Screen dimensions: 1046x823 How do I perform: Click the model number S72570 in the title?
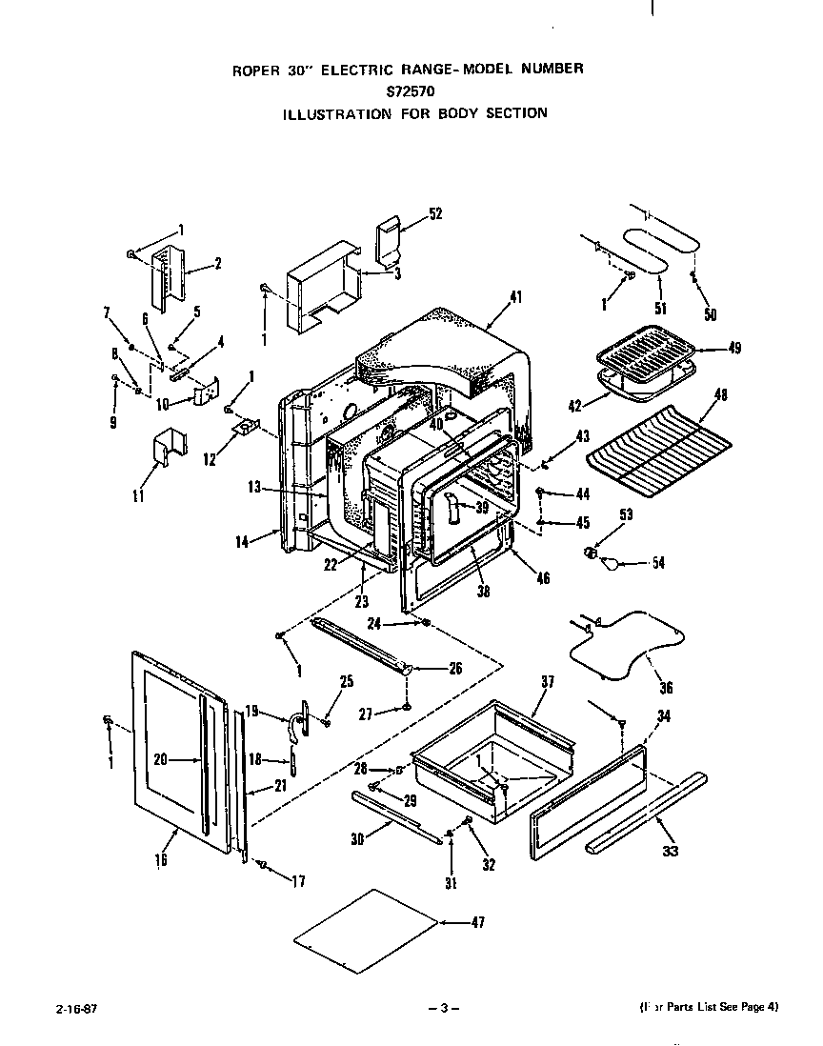(x=411, y=92)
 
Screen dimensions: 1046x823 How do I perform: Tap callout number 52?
(x=435, y=214)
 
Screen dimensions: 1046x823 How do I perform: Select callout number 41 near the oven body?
(x=515, y=298)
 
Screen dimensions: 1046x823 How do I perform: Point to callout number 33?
(x=671, y=851)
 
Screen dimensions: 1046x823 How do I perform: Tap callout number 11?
(x=140, y=495)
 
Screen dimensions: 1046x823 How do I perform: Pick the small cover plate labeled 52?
(x=389, y=239)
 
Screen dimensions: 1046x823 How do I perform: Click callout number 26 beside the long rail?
(x=455, y=668)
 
